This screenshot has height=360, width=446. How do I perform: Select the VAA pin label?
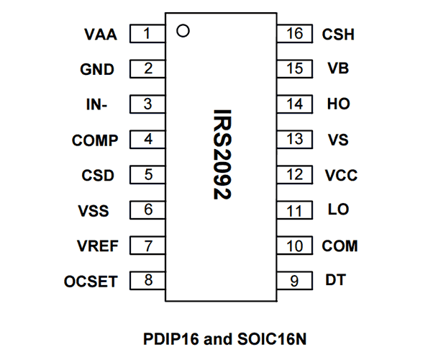pos(101,35)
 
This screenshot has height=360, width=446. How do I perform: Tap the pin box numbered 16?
pos(295,34)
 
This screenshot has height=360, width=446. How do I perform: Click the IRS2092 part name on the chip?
pos(222,155)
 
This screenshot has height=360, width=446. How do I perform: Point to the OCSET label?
pos(91,282)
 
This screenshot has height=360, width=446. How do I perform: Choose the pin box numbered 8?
pos(147,281)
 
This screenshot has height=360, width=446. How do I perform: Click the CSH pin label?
pos(338,35)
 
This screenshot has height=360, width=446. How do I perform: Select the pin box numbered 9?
pos(295,281)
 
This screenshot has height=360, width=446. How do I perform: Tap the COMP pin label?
pos(95,140)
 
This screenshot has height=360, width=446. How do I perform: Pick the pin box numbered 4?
pos(147,140)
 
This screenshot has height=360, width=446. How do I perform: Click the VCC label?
pos(341,175)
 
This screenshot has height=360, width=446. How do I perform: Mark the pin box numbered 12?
pos(295,175)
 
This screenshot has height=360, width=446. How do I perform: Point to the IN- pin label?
pos(96,104)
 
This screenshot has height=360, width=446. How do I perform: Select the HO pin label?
pos(339,104)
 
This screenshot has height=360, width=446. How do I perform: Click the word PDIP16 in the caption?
pos(170,339)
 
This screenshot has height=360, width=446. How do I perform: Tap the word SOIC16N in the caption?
pos(272,339)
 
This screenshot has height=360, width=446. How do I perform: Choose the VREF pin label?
pos(98,246)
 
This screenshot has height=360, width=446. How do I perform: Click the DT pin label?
pos(336,280)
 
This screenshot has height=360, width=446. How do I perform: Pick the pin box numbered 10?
pos(295,246)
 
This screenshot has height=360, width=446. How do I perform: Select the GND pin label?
pos(97,69)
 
